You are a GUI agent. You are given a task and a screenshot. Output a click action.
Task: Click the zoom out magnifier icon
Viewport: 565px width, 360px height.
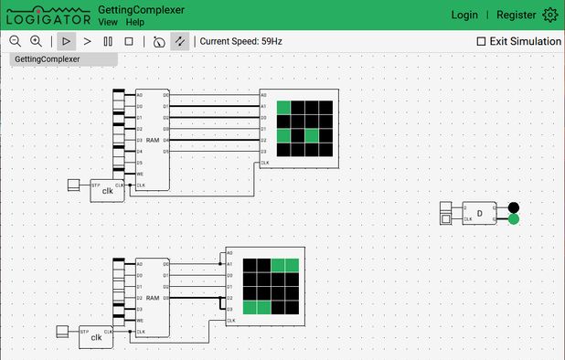(15, 41)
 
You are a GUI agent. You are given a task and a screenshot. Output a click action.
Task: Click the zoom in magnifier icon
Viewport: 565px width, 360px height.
(36, 41)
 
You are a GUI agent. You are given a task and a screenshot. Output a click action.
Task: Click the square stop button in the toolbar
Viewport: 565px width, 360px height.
(129, 41)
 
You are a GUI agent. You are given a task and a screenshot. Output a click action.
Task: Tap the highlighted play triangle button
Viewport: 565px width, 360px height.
(66, 41)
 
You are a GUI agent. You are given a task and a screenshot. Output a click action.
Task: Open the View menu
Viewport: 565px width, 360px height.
(107, 21)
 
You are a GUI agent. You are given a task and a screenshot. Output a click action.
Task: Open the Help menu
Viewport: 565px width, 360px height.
(135, 21)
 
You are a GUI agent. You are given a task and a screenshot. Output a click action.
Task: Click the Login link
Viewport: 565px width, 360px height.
(464, 15)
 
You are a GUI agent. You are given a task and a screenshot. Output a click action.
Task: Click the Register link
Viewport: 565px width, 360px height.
(516, 15)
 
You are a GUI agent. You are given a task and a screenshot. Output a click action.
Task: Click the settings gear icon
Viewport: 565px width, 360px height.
(549, 15)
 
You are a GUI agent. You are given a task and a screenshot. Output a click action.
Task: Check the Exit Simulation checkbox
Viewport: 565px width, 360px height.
(482, 41)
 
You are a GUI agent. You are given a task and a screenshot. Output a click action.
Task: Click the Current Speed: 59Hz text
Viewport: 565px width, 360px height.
(240, 41)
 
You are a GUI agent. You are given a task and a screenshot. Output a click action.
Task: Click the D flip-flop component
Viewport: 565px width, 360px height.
(480, 213)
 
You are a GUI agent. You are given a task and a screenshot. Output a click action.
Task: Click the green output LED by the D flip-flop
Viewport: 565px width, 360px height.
(514, 219)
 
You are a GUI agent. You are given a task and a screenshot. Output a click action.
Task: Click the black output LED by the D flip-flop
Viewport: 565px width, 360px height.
(514, 207)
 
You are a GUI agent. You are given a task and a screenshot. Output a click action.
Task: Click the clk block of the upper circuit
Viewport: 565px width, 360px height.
(107, 190)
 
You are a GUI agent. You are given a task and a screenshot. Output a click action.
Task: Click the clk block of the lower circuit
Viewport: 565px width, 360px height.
(96, 336)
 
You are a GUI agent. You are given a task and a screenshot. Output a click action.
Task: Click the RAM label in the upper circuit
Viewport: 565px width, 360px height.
(153, 140)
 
